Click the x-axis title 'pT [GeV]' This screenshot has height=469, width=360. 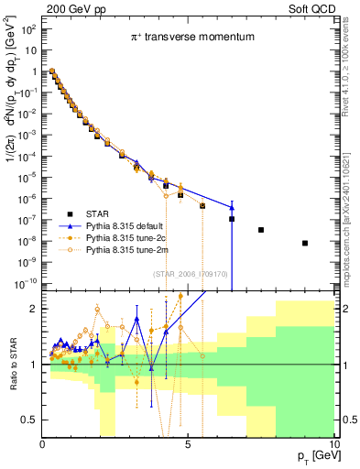(x=314, y=455)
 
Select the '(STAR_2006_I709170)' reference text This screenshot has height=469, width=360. (x=190, y=272)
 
